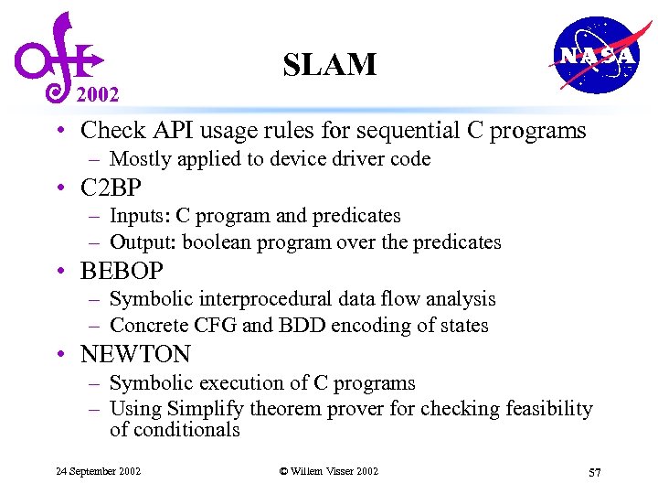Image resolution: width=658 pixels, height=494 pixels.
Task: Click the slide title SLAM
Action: click(x=329, y=65)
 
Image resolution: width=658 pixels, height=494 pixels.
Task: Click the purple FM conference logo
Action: click(x=55, y=55)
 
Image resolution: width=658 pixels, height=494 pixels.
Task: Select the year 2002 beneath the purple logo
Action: click(x=98, y=93)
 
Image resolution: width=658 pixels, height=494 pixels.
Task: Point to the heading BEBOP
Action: click(x=122, y=272)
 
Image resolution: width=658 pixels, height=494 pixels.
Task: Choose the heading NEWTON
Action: click(x=135, y=355)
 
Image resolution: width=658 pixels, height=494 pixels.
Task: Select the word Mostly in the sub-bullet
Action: click(x=140, y=159)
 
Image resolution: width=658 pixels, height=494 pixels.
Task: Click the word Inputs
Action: click(x=139, y=216)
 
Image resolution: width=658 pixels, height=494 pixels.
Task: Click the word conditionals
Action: click(x=175, y=429)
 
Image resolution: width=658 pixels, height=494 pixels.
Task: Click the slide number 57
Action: click(x=594, y=472)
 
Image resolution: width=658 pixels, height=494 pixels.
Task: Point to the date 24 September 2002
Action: click(x=98, y=471)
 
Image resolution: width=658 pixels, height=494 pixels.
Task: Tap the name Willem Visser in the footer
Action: click(x=322, y=471)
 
